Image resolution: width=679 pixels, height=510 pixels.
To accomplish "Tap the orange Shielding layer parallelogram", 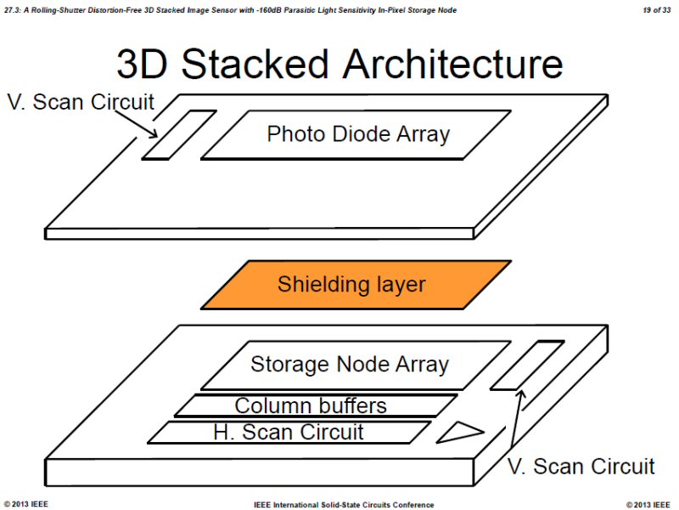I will pos(356,284).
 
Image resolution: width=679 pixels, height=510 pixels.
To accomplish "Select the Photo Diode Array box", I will pos(357,134).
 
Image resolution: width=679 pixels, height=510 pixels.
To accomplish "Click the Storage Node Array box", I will pos(349,365).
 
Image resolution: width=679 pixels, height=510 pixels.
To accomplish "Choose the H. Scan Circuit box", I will pos(289,432).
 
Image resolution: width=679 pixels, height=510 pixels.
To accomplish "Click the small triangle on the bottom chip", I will pos(458,433).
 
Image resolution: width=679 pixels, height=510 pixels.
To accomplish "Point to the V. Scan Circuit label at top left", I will pos(81,103).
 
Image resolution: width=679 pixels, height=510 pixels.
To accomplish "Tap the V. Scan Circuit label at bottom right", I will pos(581,466).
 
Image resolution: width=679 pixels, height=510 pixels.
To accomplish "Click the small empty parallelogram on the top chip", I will pos(178,134).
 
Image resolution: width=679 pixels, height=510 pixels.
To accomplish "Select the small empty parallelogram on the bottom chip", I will pos(527,365).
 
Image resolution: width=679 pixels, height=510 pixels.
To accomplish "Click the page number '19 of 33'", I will pos(656,9).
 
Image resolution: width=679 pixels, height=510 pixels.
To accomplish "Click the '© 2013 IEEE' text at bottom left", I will pos(26,504).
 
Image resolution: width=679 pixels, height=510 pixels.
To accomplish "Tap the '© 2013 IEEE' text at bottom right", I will pos(648,504).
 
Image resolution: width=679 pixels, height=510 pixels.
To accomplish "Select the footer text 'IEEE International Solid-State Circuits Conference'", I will pos(344,504).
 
